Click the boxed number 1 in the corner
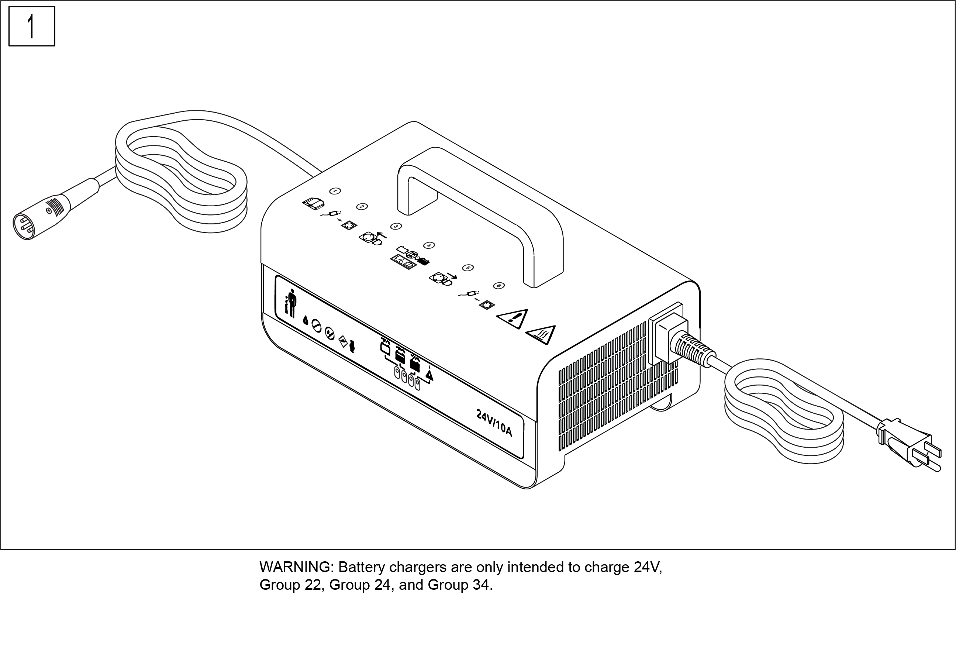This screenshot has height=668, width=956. click(32, 26)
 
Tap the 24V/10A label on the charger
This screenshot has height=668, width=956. click(494, 422)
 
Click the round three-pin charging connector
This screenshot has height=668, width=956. click(42, 216)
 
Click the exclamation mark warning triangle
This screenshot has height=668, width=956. click(512, 318)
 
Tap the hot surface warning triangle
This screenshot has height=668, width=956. click(541, 335)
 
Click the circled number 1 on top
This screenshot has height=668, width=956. click(335, 191)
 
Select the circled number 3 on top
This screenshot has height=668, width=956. click(396, 226)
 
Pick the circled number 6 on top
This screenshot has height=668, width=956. click(499, 285)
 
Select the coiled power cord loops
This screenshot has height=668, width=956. click(784, 410)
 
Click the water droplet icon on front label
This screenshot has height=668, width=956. click(305, 320)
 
